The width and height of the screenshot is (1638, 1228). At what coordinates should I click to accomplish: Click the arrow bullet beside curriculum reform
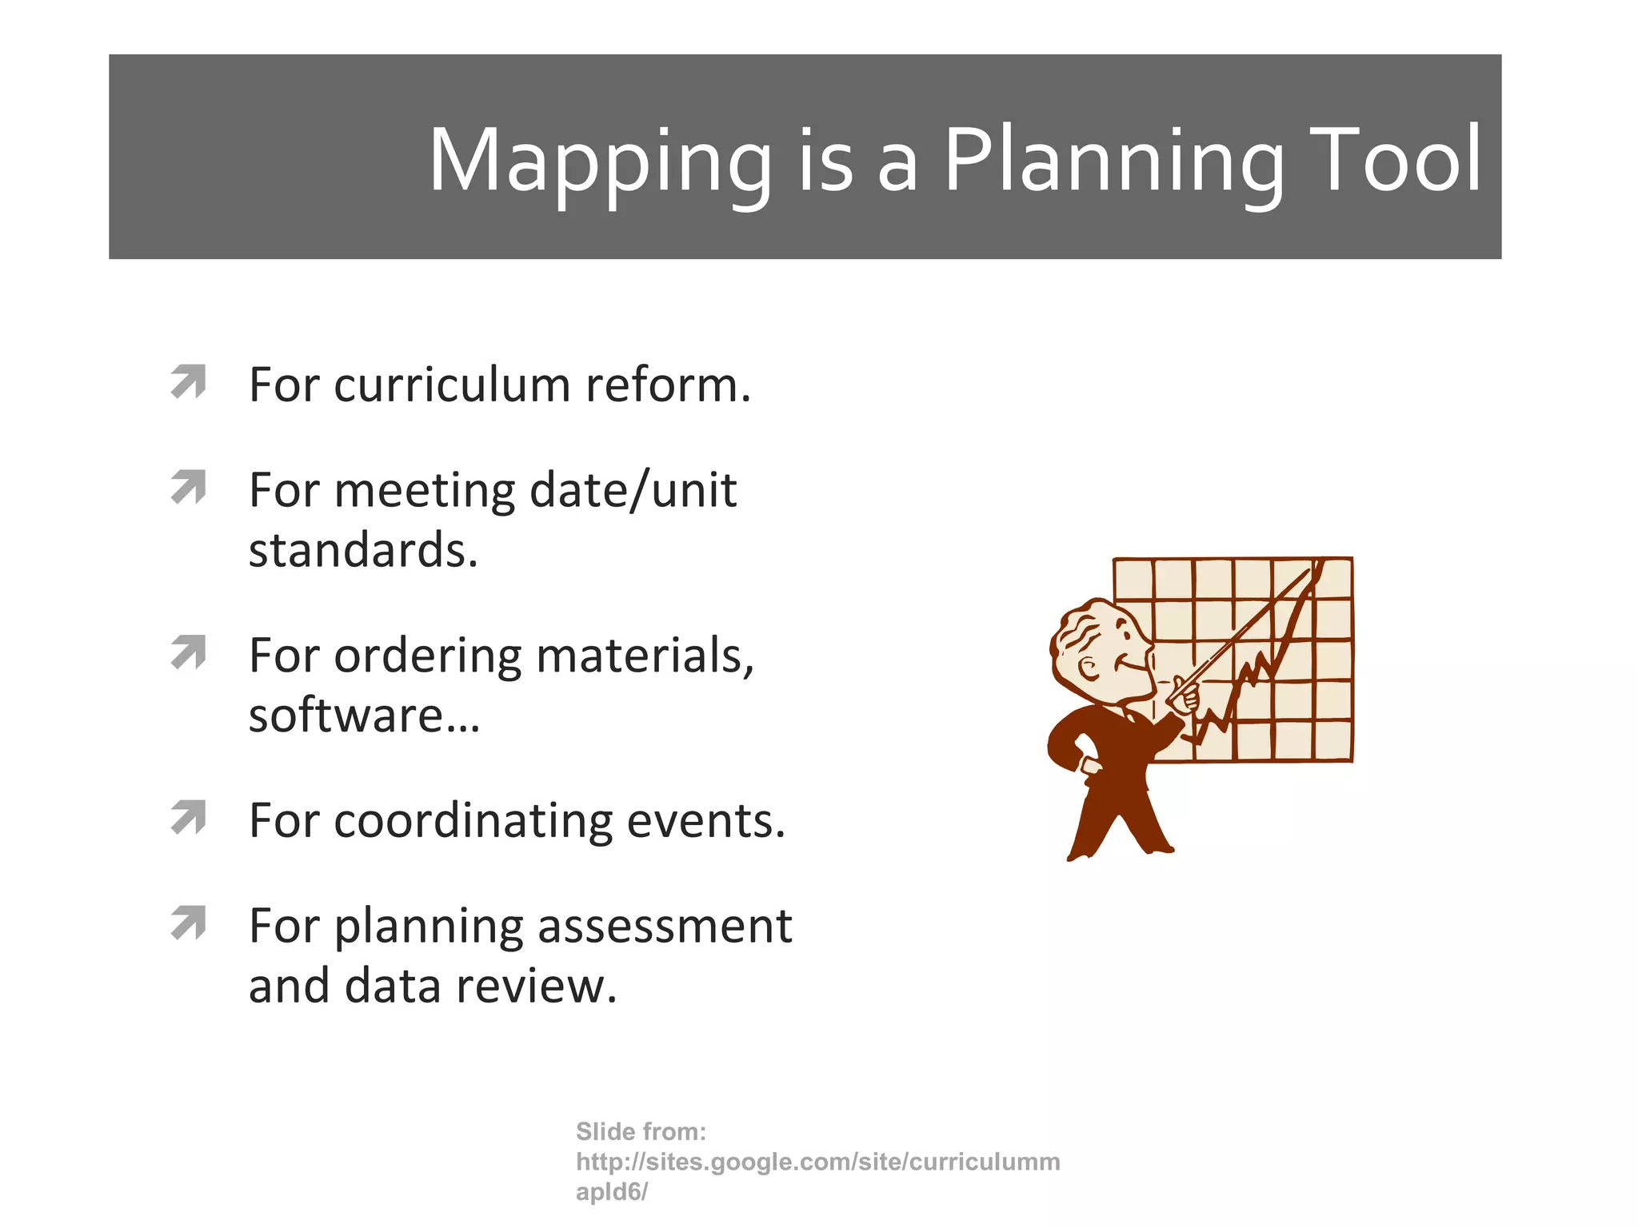[x=189, y=381]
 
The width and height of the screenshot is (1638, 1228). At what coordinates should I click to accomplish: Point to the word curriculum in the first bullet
[x=452, y=385]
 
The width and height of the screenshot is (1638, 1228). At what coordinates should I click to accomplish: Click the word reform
[x=668, y=385]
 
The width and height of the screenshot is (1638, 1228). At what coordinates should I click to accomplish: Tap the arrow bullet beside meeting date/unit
[x=189, y=487]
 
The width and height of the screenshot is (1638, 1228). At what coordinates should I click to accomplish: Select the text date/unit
[x=632, y=490]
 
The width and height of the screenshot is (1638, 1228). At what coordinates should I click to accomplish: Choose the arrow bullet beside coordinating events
[x=189, y=817]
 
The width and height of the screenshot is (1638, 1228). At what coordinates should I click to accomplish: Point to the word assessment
[x=664, y=927]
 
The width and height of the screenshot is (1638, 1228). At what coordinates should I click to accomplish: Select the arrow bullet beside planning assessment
[x=189, y=923]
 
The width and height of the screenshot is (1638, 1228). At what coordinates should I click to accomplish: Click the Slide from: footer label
[x=641, y=1131]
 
